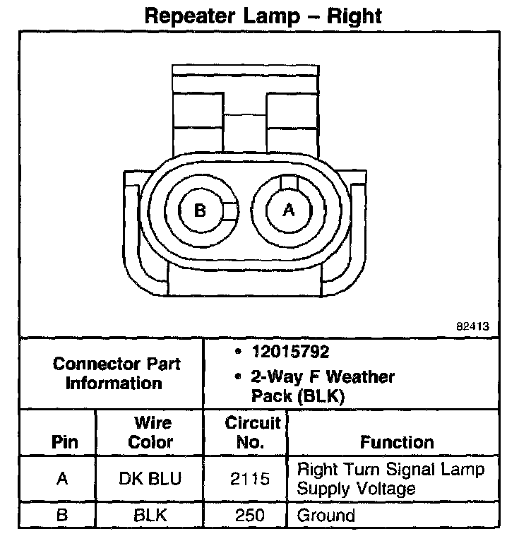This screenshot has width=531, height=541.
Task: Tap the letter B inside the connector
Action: click(x=200, y=210)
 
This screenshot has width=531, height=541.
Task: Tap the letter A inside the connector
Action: click(x=287, y=210)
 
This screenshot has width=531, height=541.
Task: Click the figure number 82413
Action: click(x=472, y=327)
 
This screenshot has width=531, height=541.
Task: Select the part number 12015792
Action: click(x=290, y=352)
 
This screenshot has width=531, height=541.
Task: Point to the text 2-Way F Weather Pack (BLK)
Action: click(x=318, y=386)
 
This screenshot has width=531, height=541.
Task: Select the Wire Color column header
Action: click(x=153, y=433)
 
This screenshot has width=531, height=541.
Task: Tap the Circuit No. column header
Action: click(x=252, y=433)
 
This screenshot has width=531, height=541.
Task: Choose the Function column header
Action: click(x=397, y=443)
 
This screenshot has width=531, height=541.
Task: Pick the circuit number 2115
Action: click(x=251, y=479)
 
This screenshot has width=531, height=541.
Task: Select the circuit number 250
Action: click(x=251, y=516)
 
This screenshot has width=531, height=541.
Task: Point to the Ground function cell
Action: click(x=326, y=516)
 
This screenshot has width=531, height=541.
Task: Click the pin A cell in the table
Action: click(x=62, y=479)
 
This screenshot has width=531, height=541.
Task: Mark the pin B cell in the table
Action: click(x=62, y=516)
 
